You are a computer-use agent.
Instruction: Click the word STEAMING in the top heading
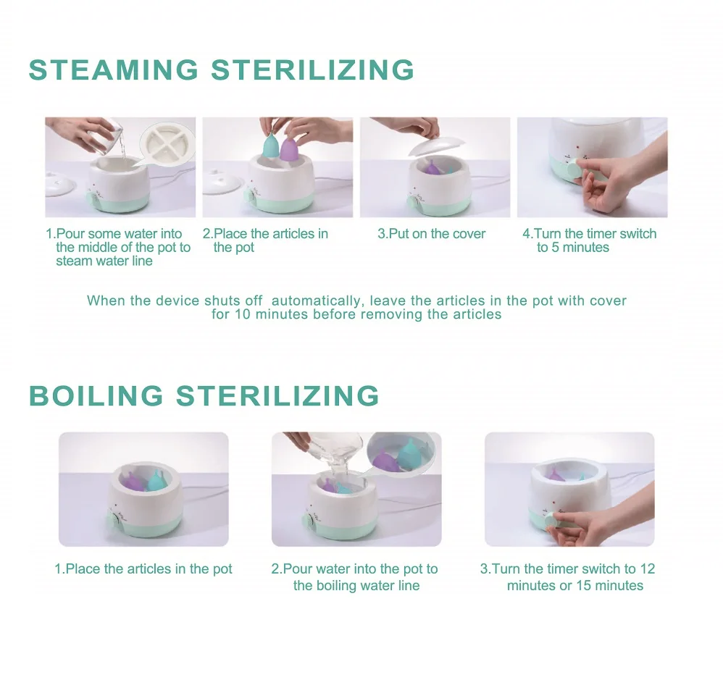[x=114, y=70]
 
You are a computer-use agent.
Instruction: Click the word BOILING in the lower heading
[x=96, y=395]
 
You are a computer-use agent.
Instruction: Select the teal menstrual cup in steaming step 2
[x=271, y=144]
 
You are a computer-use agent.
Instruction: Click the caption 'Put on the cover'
[x=432, y=234]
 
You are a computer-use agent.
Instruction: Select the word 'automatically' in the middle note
[x=316, y=301]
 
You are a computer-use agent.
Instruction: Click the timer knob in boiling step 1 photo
[x=113, y=521]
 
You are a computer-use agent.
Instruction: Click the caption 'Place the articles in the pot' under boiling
[x=143, y=569]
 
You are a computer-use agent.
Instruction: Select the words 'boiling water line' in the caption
[x=356, y=585]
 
